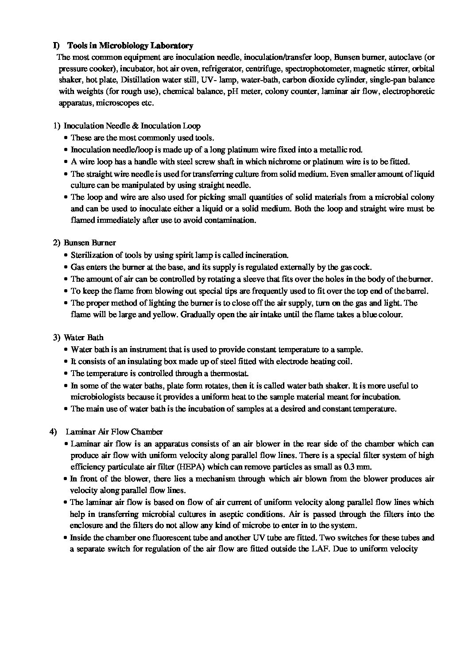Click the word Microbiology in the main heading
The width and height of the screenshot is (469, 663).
coord(123,46)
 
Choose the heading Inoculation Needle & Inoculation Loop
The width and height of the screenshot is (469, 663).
coord(132,126)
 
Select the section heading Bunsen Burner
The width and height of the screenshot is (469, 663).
coord(90,243)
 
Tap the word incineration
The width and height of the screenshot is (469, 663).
coord(266,255)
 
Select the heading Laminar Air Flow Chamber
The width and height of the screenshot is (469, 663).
coord(114,432)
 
